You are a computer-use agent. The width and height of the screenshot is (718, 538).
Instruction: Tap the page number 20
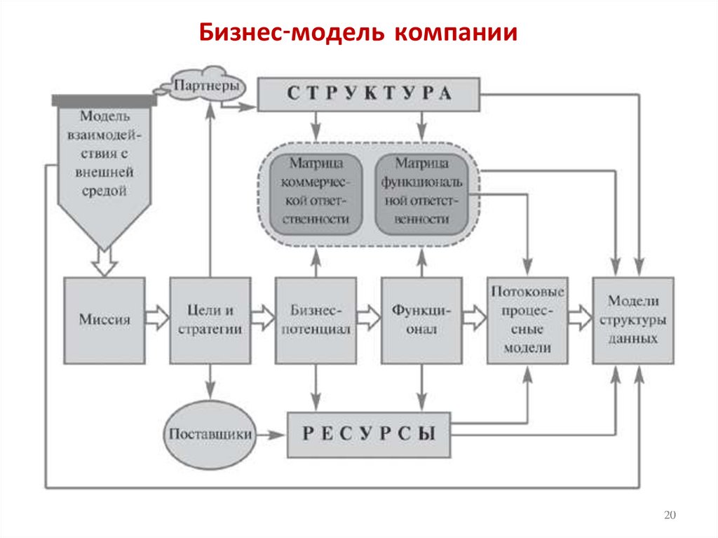coord(669,516)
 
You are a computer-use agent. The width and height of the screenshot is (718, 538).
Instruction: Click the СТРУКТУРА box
coord(369,95)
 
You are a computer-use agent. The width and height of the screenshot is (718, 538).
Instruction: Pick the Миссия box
coord(104,320)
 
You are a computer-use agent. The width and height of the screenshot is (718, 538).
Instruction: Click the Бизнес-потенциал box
coord(316,320)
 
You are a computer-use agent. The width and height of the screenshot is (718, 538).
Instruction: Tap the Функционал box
coord(421,320)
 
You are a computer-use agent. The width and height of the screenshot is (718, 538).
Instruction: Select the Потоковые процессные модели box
coord(527,320)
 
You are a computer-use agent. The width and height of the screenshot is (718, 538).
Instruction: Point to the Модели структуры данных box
coord(632,320)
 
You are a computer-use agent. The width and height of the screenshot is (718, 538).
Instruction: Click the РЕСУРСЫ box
coord(369,433)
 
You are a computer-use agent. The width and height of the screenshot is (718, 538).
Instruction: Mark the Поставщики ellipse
coord(210,433)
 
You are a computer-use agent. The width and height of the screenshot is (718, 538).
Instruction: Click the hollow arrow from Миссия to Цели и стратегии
coord(157,318)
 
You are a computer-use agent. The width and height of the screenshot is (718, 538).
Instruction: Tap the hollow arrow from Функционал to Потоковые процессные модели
coord(475,318)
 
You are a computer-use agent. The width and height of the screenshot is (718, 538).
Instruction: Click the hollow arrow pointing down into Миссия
coord(105,263)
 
